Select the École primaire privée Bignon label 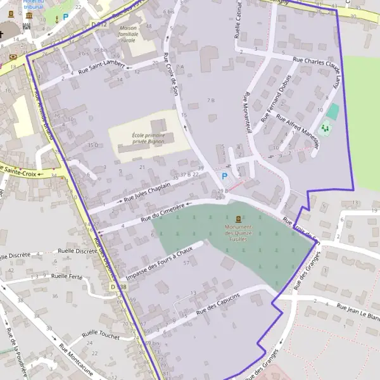pos(148,138)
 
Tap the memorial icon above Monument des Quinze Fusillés pos(238,219)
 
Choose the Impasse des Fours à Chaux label pos(158,265)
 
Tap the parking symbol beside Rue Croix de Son pos(224,176)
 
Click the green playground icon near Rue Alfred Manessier pos(325,129)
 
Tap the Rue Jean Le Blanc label pos(358,311)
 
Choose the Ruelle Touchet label pos(101,334)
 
